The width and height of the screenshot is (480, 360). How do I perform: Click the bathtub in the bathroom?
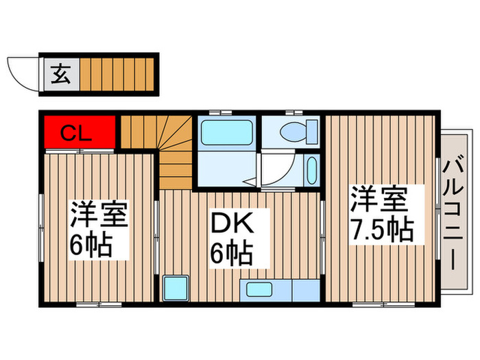tap(226, 131)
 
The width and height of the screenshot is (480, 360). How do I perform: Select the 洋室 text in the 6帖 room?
tap(97, 215)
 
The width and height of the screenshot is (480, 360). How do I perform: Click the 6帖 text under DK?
tap(230, 254)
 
